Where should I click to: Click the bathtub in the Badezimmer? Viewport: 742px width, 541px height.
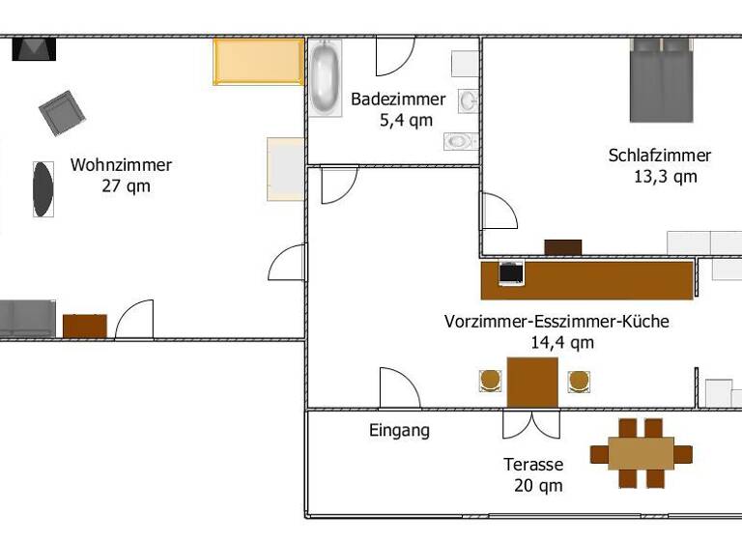(x=326, y=79)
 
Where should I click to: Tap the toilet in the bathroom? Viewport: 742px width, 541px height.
(x=460, y=141)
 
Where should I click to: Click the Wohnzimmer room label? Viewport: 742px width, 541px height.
(x=121, y=165)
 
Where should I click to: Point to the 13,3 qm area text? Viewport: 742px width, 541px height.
(x=665, y=177)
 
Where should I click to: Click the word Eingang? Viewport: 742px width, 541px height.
(x=399, y=431)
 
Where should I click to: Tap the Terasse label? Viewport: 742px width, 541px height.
(x=533, y=465)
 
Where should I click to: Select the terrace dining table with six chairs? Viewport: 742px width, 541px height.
(x=641, y=453)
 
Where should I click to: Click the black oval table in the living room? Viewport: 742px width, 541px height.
(x=43, y=188)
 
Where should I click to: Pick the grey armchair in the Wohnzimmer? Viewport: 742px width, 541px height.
(x=63, y=113)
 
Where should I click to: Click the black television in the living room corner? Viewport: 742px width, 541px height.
(x=34, y=48)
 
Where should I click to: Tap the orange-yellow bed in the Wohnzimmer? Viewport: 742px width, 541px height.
(x=258, y=62)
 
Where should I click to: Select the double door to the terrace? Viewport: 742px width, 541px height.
(x=530, y=423)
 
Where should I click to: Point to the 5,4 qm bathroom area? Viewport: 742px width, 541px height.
(x=406, y=121)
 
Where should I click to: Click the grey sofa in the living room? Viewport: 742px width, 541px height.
(x=26, y=319)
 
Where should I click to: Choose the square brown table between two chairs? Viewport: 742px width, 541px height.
(x=532, y=383)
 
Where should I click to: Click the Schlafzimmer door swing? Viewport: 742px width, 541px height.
(x=499, y=213)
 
